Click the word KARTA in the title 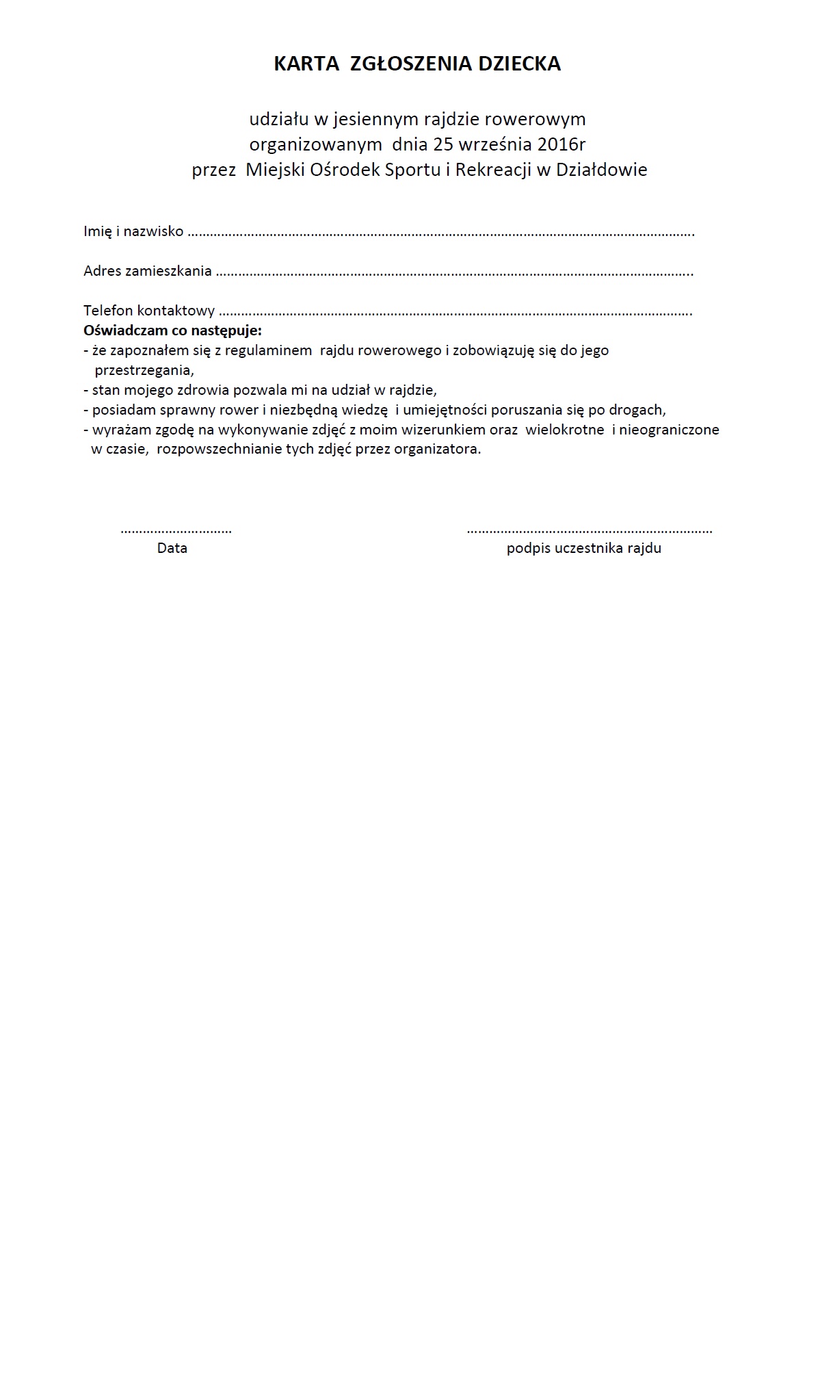[306, 64]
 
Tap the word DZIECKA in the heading [519, 64]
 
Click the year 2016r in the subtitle [559, 144]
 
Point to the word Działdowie [601, 170]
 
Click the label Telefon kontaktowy [149, 311]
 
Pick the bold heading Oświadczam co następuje [172, 330]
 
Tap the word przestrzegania [144, 370]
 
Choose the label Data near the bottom [172, 548]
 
